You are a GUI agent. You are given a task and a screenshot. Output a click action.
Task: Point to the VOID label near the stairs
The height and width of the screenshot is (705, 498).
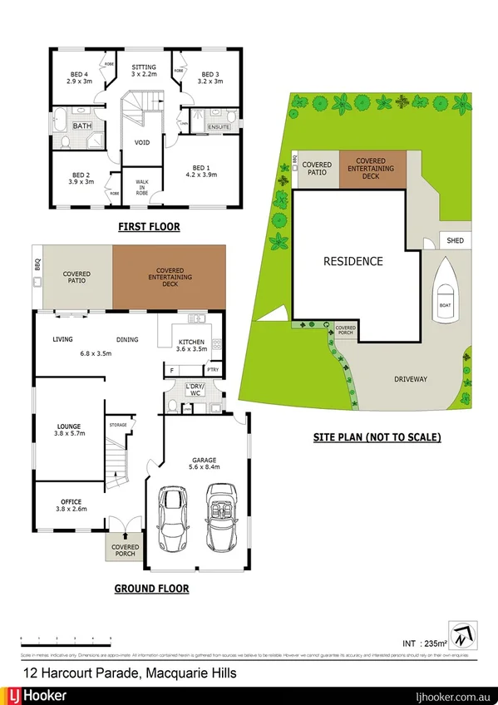pyautogui.click(x=142, y=142)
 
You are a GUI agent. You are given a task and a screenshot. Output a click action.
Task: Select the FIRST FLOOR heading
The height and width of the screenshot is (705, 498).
pyautogui.click(x=148, y=227)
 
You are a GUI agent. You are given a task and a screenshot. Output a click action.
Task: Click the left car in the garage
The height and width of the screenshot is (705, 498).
pyautogui.click(x=175, y=519)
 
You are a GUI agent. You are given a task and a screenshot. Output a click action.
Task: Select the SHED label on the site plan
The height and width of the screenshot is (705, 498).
pyautogui.click(x=456, y=242)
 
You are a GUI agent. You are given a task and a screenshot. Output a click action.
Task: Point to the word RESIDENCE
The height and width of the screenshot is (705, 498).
pyautogui.click(x=353, y=261)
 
